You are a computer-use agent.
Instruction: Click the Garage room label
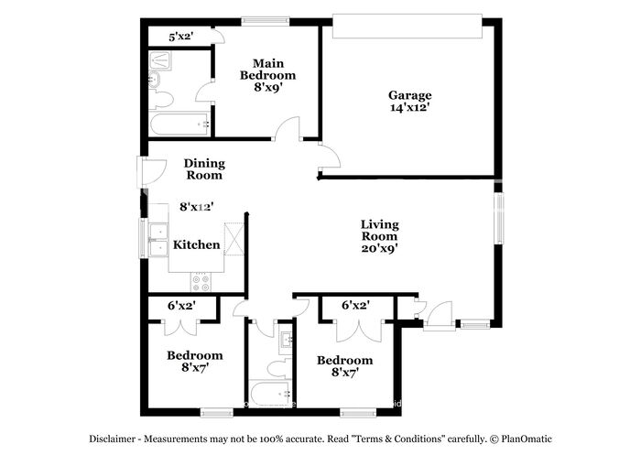(409, 95)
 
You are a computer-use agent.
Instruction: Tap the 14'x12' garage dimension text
(409, 107)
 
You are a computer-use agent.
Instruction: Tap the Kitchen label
(197, 244)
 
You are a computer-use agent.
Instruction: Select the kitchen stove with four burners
(201, 281)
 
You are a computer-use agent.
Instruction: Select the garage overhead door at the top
(407, 27)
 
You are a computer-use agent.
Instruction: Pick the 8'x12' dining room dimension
(196, 208)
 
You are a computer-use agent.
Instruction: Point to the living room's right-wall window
(500, 217)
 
